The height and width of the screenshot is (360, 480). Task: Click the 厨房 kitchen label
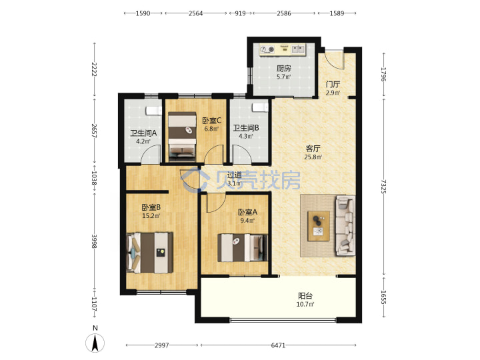[284, 68]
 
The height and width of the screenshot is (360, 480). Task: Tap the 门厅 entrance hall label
[333, 84]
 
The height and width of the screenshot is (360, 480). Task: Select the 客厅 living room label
[313, 149]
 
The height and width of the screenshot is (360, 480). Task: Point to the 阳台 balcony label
[305, 296]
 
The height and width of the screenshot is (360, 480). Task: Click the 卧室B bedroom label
[151, 207]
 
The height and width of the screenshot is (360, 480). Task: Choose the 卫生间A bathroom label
[143, 133]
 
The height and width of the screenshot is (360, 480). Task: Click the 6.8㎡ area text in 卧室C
[212, 129]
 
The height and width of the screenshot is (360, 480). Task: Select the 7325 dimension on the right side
[384, 187]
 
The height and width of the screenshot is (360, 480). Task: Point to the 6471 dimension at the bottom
[278, 345]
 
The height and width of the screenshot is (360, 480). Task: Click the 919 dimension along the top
[240, 13]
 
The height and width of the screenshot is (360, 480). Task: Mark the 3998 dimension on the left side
[94, 241]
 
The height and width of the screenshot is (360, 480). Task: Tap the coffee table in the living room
[319, 226]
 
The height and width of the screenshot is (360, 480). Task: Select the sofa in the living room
[346, 226]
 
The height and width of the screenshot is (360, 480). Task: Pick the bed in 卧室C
[182, 137]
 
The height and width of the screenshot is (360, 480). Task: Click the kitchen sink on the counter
[299, 49]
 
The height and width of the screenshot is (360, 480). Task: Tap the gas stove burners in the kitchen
[267, 49]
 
